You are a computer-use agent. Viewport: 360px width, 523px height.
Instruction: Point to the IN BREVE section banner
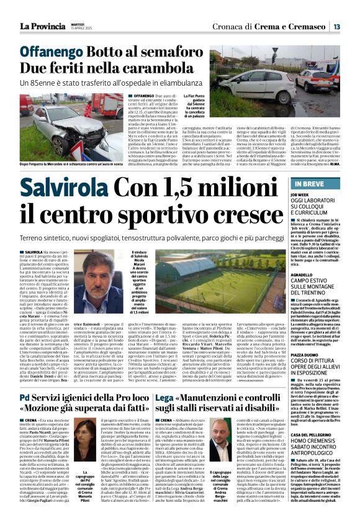click(x=309, y=167)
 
